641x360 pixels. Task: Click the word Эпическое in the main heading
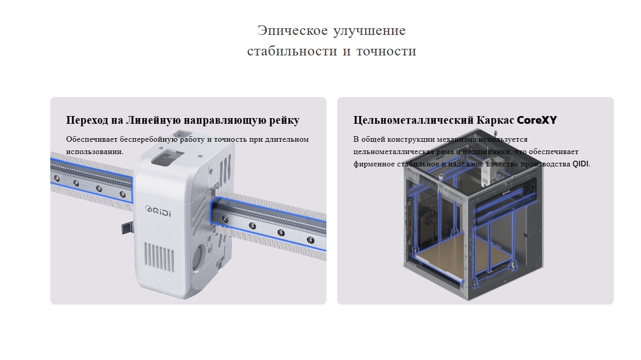293,31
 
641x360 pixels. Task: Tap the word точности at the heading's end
386,51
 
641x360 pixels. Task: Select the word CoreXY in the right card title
537,120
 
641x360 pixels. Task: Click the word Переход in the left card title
87,120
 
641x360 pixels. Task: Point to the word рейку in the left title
284,121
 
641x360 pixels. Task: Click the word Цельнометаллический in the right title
413,120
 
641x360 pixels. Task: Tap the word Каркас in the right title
495,120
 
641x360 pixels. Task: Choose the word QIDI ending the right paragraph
580,164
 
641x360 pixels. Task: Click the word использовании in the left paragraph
94,152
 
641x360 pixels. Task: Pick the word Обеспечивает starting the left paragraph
92,140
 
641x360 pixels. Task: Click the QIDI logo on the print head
158,211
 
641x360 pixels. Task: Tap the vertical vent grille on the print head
159,257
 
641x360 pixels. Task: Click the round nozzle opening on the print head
197,259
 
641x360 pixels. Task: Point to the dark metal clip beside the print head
128,228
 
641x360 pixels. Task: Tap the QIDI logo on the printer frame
506,193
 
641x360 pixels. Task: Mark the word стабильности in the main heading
292,51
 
